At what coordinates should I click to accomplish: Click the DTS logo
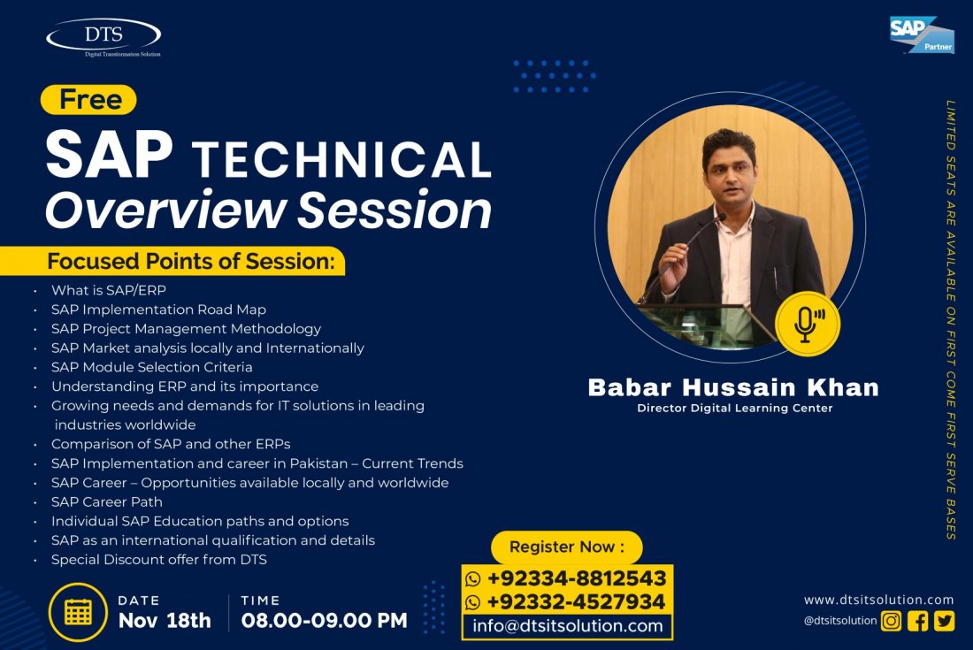(x=103, y=37)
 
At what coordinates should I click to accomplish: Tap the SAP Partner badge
(x=922, y=34)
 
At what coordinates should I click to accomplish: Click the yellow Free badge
(x=88, y=100)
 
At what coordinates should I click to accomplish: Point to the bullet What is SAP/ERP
(x=109, y=290)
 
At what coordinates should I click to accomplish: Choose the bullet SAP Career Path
(x=107, y=501)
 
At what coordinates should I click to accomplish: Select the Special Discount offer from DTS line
(x=159, y=560)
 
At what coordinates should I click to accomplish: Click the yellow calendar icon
(x=78, y=612)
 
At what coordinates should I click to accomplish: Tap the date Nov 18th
(x=165, y=620)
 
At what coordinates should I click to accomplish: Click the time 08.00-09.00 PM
(x=324, y=620)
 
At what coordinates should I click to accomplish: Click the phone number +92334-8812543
(x=577, y=578)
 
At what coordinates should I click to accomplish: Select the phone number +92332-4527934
(x=577, y=601)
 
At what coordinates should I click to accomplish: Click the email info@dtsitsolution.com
(x=568, y=626)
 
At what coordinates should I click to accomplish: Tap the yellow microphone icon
(x=808, y=324)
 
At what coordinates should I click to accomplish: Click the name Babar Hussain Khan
(x=733, y=387)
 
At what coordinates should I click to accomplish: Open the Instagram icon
(x=891, y=621)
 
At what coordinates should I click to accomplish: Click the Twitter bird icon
(x=944, y=621)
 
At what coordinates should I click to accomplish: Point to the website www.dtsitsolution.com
(x=878, y=600)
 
